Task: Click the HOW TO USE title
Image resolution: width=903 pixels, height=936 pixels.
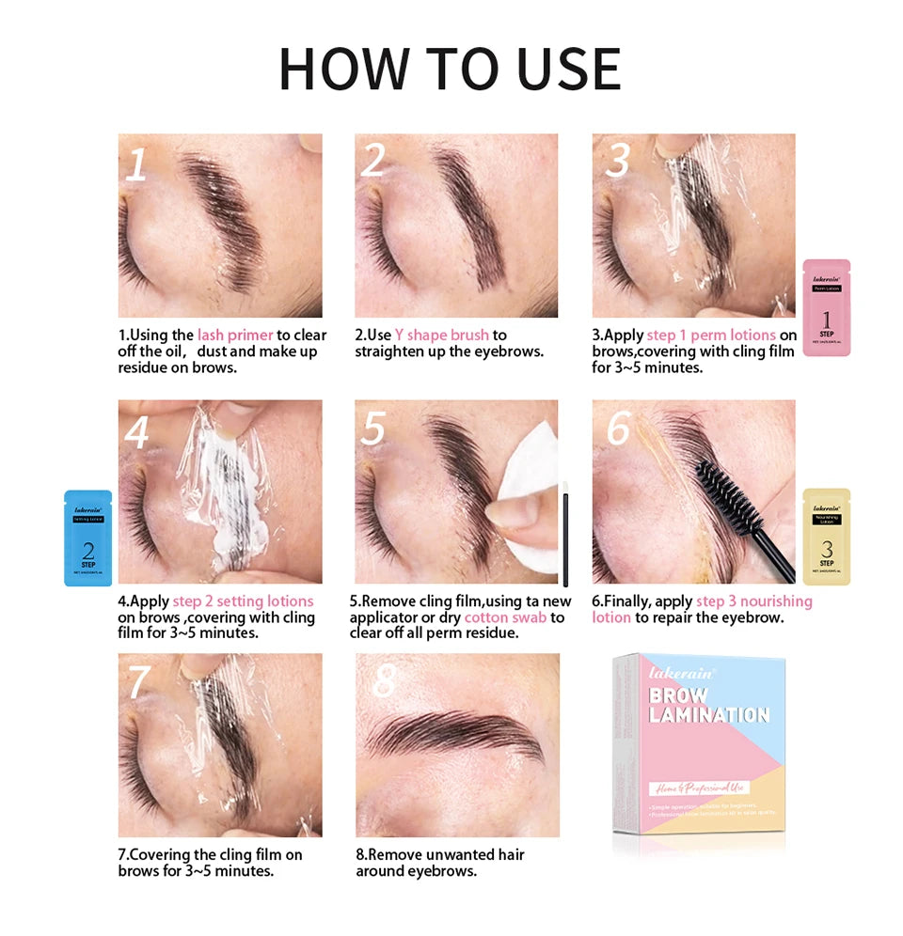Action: click(x=450, y=68)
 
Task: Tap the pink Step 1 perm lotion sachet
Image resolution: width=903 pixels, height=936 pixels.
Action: click(x=826, y=307)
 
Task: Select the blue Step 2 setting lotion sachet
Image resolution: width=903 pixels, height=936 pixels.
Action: click(x=87, y=538)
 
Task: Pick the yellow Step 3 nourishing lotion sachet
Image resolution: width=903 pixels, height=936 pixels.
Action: click(x=826, y=537)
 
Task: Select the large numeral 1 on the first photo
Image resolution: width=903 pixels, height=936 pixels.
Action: click(x=137, y=164)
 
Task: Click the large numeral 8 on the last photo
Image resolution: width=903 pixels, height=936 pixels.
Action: click(x=384, y=681)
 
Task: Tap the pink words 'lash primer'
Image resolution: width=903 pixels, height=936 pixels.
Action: click(x=235, y=335)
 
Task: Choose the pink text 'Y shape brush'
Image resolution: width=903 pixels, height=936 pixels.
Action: click(x=442, y=335)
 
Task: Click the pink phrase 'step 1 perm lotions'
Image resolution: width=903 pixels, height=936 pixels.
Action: click(x=711, y=335)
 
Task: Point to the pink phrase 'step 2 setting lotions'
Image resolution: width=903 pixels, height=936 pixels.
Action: click(x=243, y=601)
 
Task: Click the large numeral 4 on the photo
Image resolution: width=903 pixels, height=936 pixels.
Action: click(x=137, y=433)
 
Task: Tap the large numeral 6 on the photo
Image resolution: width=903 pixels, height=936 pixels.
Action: click(x=618, y=429)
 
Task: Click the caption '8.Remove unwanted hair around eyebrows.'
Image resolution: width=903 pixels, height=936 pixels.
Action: click(x=439, y=863)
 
